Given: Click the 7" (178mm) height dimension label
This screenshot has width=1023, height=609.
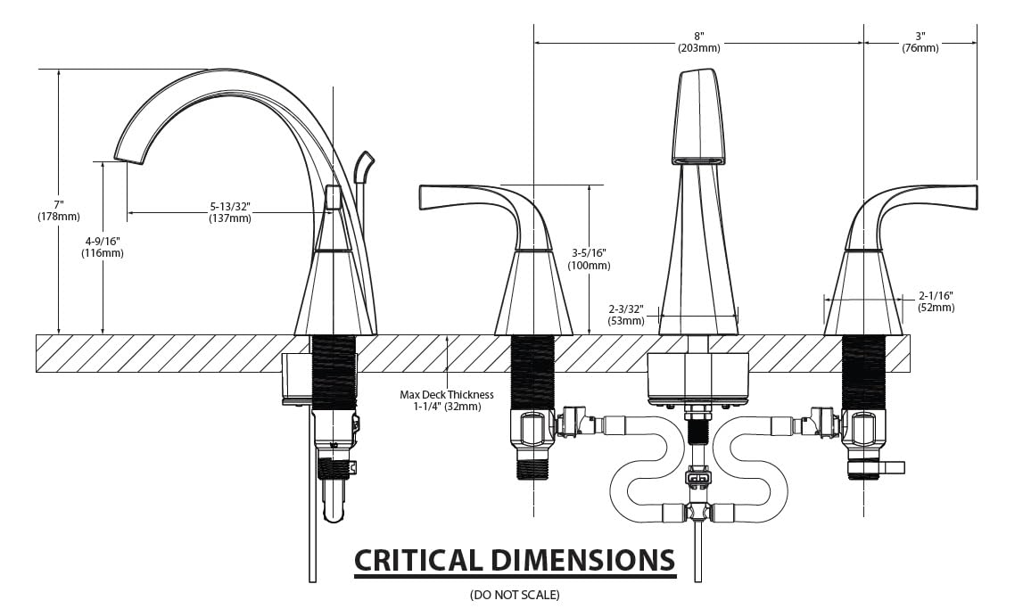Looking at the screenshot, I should point(58,210).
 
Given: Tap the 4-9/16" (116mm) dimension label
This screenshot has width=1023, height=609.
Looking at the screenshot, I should point(104,247).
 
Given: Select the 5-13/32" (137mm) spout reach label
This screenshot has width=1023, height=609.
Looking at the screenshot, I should point(229,212).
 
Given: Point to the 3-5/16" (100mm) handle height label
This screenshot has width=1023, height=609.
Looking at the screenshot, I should point(590,259).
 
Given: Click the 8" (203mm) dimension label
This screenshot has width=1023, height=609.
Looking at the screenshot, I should point(698,41).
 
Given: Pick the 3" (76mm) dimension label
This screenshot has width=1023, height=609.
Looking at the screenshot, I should point(920,41).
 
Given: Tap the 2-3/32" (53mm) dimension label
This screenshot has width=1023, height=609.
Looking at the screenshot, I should point(626,314).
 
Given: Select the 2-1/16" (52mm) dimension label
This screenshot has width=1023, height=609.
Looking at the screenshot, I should point(936,301).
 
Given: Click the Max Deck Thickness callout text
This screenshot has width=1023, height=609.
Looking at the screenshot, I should point(446,400).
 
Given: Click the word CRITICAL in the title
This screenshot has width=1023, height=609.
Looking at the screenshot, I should point(417,560).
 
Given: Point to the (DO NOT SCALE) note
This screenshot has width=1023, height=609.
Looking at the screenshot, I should point(515,594).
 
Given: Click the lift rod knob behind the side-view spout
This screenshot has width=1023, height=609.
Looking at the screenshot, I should point(363,165).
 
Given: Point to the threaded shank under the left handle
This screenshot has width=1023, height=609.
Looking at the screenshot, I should point(532,372).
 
